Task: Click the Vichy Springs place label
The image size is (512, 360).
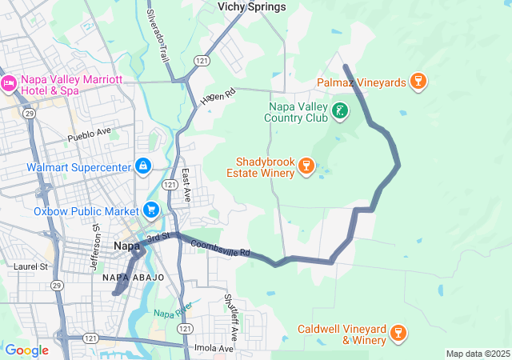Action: [x=251, y=7]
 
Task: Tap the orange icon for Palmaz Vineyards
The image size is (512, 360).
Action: [x=417, y=81]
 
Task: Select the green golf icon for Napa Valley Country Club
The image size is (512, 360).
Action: [x=341, y=110]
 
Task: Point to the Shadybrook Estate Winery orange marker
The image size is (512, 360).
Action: [x=305, y=166]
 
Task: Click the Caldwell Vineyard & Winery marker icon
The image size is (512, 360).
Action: [x=398, y=332]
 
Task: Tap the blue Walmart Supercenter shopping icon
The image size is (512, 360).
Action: [x=142, y=166]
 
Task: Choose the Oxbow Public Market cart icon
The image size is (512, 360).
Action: [x=150, y=210]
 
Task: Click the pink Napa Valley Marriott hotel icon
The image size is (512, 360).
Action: [x=10, y=82]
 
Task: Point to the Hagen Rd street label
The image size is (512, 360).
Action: [x=218, y=98]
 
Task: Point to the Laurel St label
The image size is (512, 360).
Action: [x=31, y=266]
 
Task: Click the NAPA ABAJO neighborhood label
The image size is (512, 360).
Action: [x=133, y=277]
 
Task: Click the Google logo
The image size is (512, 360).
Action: [x=26, y=350]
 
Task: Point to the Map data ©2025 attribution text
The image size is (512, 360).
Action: [x=478, y=354]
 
